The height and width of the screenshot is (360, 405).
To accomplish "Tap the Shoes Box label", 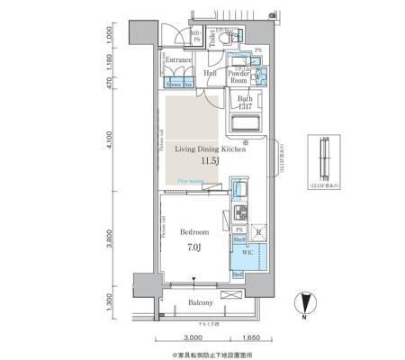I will click(x=176, y=84).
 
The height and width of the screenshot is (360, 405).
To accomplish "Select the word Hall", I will click(x=210, y=74).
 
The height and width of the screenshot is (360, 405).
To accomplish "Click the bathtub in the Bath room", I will click(x=246, y=123).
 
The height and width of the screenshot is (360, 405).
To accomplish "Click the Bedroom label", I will click(x=194, y=231).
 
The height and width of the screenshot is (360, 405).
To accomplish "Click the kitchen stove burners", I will click(x=240, y=213).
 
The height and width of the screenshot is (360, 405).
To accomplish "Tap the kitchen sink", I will click(x=240, y=191).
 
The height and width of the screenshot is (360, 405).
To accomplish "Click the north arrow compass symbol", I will click(x=306, y=305).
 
